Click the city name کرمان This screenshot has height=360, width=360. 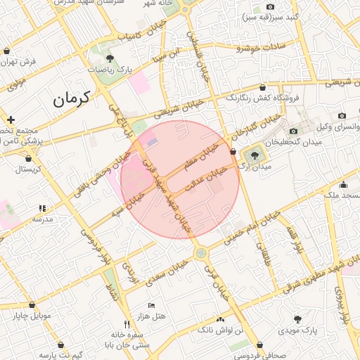coord(72,99)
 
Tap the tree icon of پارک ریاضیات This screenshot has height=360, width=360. coord(109,58)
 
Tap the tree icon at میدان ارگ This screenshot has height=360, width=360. coord(253,154)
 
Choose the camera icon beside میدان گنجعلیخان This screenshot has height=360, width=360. coord(293,131)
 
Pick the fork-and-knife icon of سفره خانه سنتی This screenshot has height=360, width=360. coord(127,324)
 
